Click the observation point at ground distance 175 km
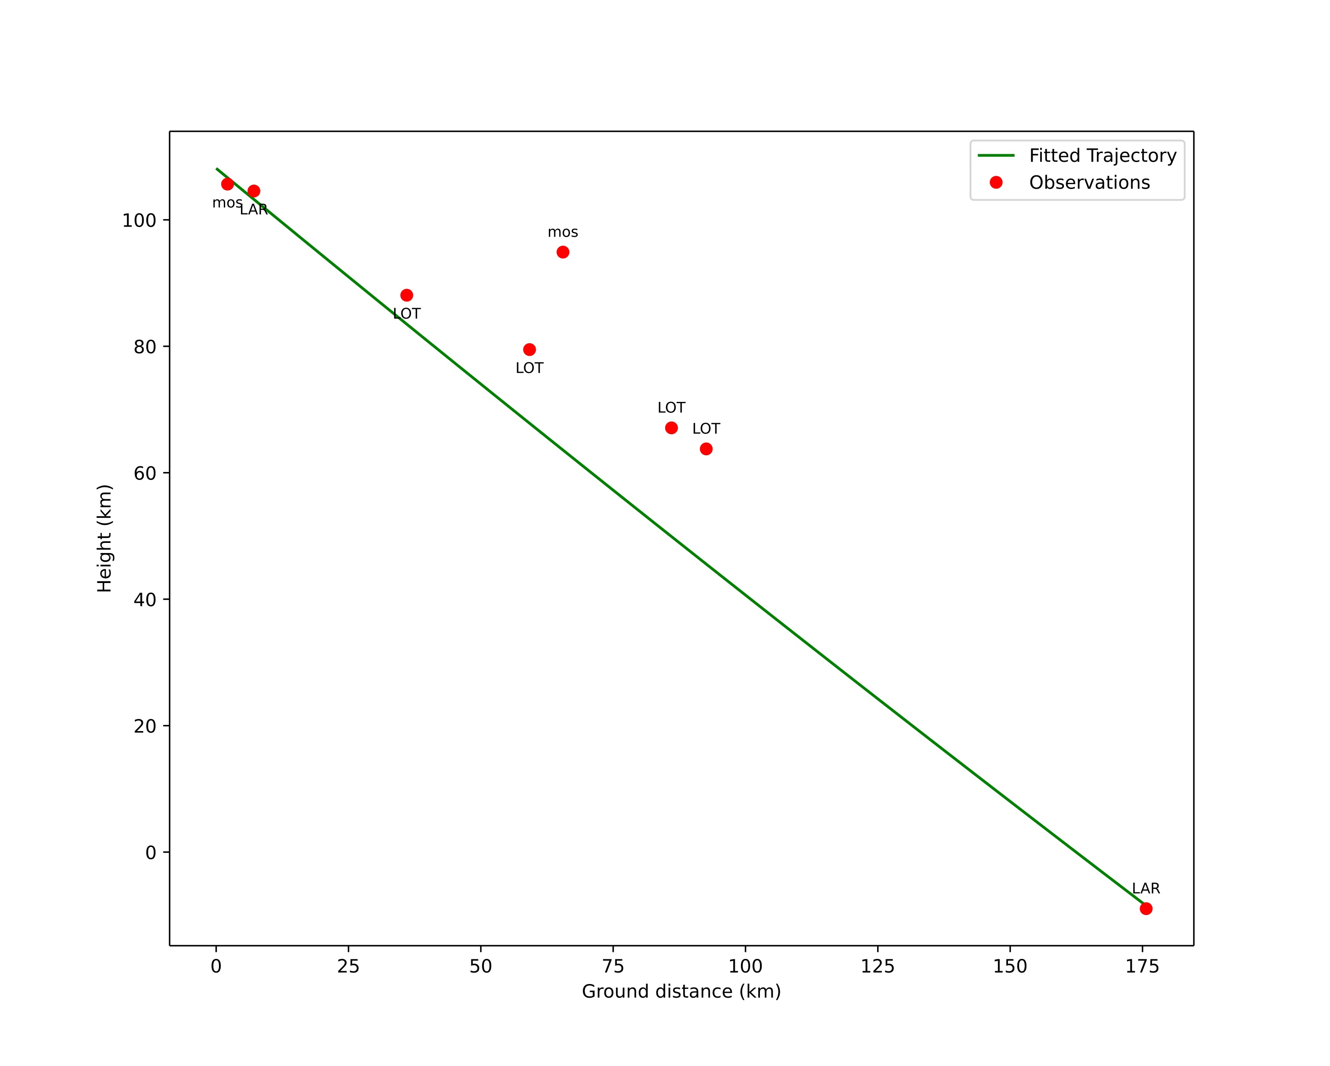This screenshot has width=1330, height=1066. coord(1145,909)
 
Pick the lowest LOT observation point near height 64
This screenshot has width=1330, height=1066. coord(706,449)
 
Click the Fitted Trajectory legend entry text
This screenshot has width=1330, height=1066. coord(1102,156)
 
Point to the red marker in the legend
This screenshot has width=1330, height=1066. coord(996,182)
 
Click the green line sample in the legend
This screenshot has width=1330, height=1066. coord(996,156)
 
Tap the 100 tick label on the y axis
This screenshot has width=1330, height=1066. coord(139,221)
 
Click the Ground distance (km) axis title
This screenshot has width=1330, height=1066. coord(681,992)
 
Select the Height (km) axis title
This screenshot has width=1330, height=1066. coord(105,539)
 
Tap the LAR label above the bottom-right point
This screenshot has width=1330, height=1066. coord(1145,889)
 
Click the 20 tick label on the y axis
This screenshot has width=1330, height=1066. coord(145,727)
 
